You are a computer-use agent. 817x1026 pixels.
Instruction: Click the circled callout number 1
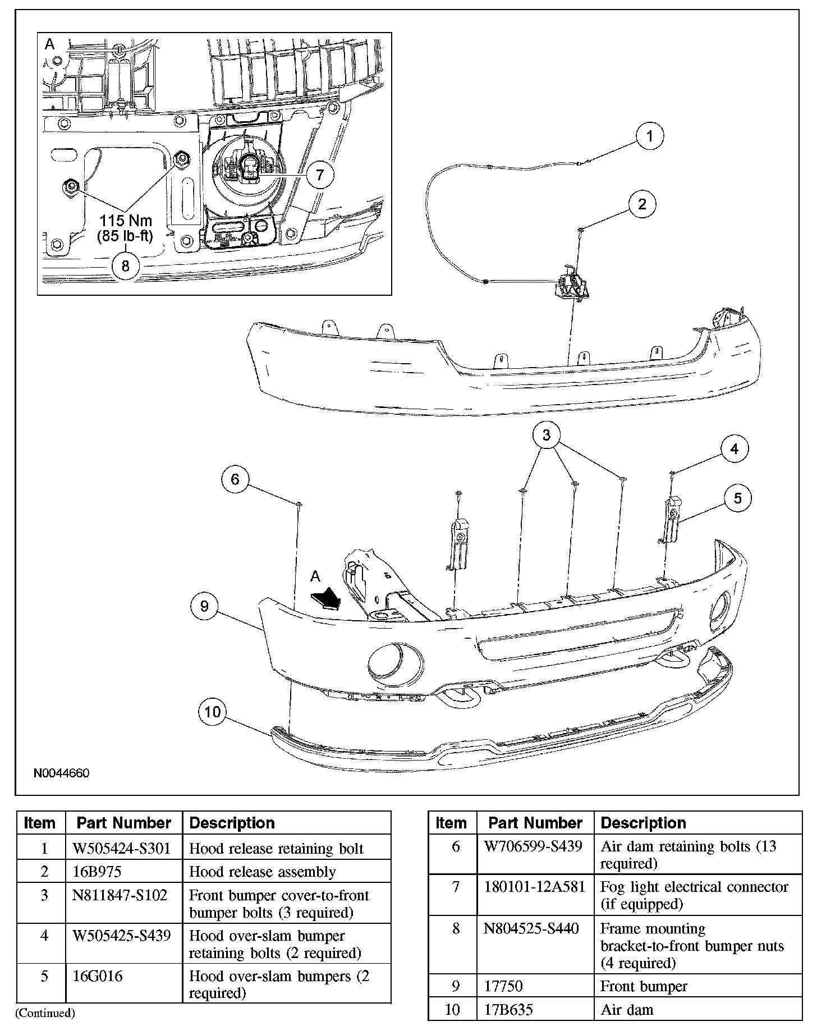(x=650, y=136)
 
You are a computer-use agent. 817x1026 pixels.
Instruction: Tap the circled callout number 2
(x=642, y=204)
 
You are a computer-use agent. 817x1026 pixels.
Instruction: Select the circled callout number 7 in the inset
(x=319, y=175)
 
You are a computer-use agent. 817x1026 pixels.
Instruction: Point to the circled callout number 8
(x=125, y=265)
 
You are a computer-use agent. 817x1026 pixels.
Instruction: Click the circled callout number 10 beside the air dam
(x=213, y=712)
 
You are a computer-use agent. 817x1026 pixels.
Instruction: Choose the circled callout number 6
(x=235, y=479)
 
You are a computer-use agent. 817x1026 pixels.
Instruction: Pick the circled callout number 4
(x=735, y=448)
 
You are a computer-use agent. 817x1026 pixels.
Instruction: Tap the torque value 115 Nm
(x=126, y=221)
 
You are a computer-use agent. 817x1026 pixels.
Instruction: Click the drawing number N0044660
(x=61, y=773)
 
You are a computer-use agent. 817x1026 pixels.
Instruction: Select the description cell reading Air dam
(x=627, y=1010)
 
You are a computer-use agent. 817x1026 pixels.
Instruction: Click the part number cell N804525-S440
(x=531, y=929)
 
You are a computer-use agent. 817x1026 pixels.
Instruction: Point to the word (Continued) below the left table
(x=45, y=1013)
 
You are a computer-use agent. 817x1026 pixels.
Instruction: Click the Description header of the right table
(x=643, y=823)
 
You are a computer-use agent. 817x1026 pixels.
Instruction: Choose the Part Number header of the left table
(x=123, y=823)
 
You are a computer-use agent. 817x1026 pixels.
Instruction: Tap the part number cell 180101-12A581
(x=534, y=887)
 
